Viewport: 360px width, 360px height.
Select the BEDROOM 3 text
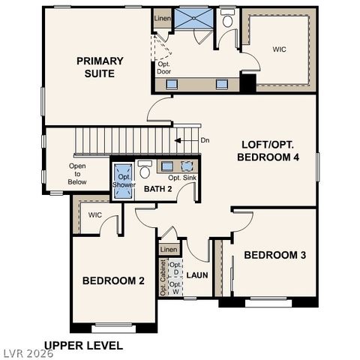275,255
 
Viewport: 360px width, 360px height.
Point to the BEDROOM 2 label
113,280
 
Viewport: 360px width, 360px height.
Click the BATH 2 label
158,189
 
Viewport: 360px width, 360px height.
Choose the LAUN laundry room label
197,275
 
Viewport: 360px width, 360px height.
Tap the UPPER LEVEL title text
83,346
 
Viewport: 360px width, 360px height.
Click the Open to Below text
77,174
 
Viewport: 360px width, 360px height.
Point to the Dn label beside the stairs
205,139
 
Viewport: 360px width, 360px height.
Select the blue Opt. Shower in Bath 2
123,181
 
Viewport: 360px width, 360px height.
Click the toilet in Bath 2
145,169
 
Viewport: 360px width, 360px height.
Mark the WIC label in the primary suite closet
279,49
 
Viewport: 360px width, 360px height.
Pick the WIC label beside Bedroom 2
94,215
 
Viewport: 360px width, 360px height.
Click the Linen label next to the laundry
169,249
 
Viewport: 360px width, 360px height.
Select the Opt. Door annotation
164,67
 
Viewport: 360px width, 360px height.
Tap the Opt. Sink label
182,178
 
